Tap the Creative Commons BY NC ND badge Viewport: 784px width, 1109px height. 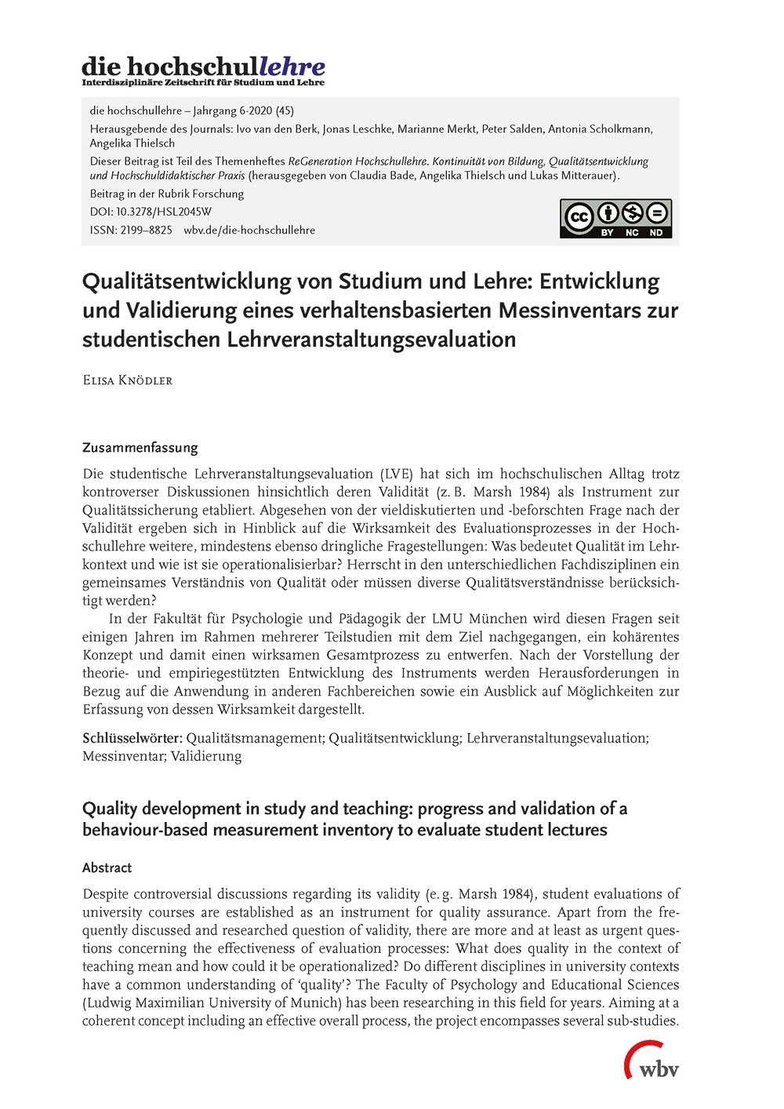click(x=615, y=218)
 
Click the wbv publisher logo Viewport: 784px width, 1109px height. click(x=652, y=1062)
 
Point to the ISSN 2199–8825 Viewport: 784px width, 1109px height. click(x=131, y=230)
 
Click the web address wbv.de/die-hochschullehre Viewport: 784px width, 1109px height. click(x=249, y=230)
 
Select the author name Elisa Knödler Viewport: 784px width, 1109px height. click(x=127, y=380)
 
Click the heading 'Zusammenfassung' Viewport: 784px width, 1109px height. click(x=140, y=448)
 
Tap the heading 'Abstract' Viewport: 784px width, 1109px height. click(x=107, y=867)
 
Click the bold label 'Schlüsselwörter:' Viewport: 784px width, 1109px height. click(x=132, y=738)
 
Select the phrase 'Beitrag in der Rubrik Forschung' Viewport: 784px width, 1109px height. click(x=167, y=194)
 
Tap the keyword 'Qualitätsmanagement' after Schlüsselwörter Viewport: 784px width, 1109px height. click(x=254, y=738)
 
